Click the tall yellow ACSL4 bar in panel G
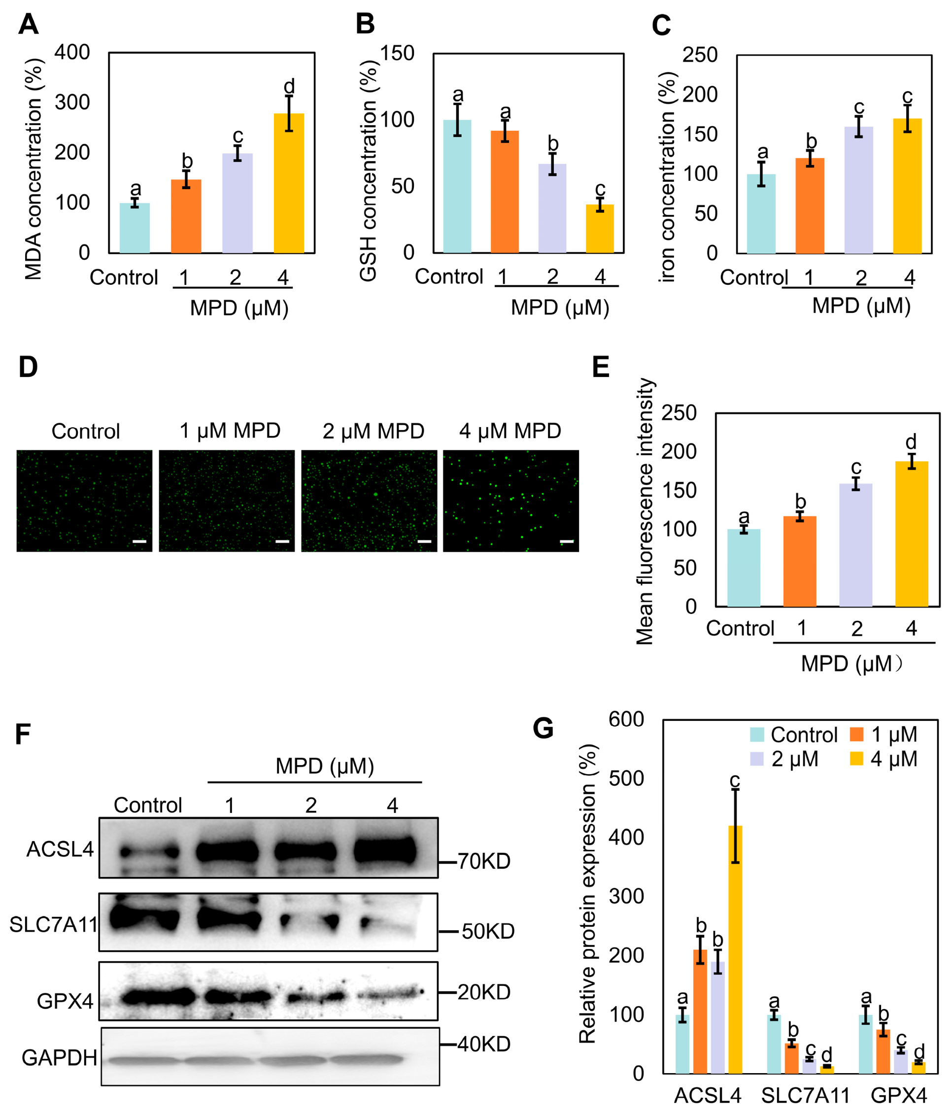point(735,949)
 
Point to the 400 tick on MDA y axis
point(72,53)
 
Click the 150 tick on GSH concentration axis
point(397,53)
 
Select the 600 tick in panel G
point(626,719)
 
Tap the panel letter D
point(28,367)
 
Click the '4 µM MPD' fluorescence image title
point(509,431)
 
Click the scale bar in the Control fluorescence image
point(139,541)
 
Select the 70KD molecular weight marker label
point(483,862)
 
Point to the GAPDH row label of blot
point(59,1058)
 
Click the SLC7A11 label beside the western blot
point(53,924)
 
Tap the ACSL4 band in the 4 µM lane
point(385,850)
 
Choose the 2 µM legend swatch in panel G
point(757,759)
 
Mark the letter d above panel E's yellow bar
point(911,442)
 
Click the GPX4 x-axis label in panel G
point(899,1095)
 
